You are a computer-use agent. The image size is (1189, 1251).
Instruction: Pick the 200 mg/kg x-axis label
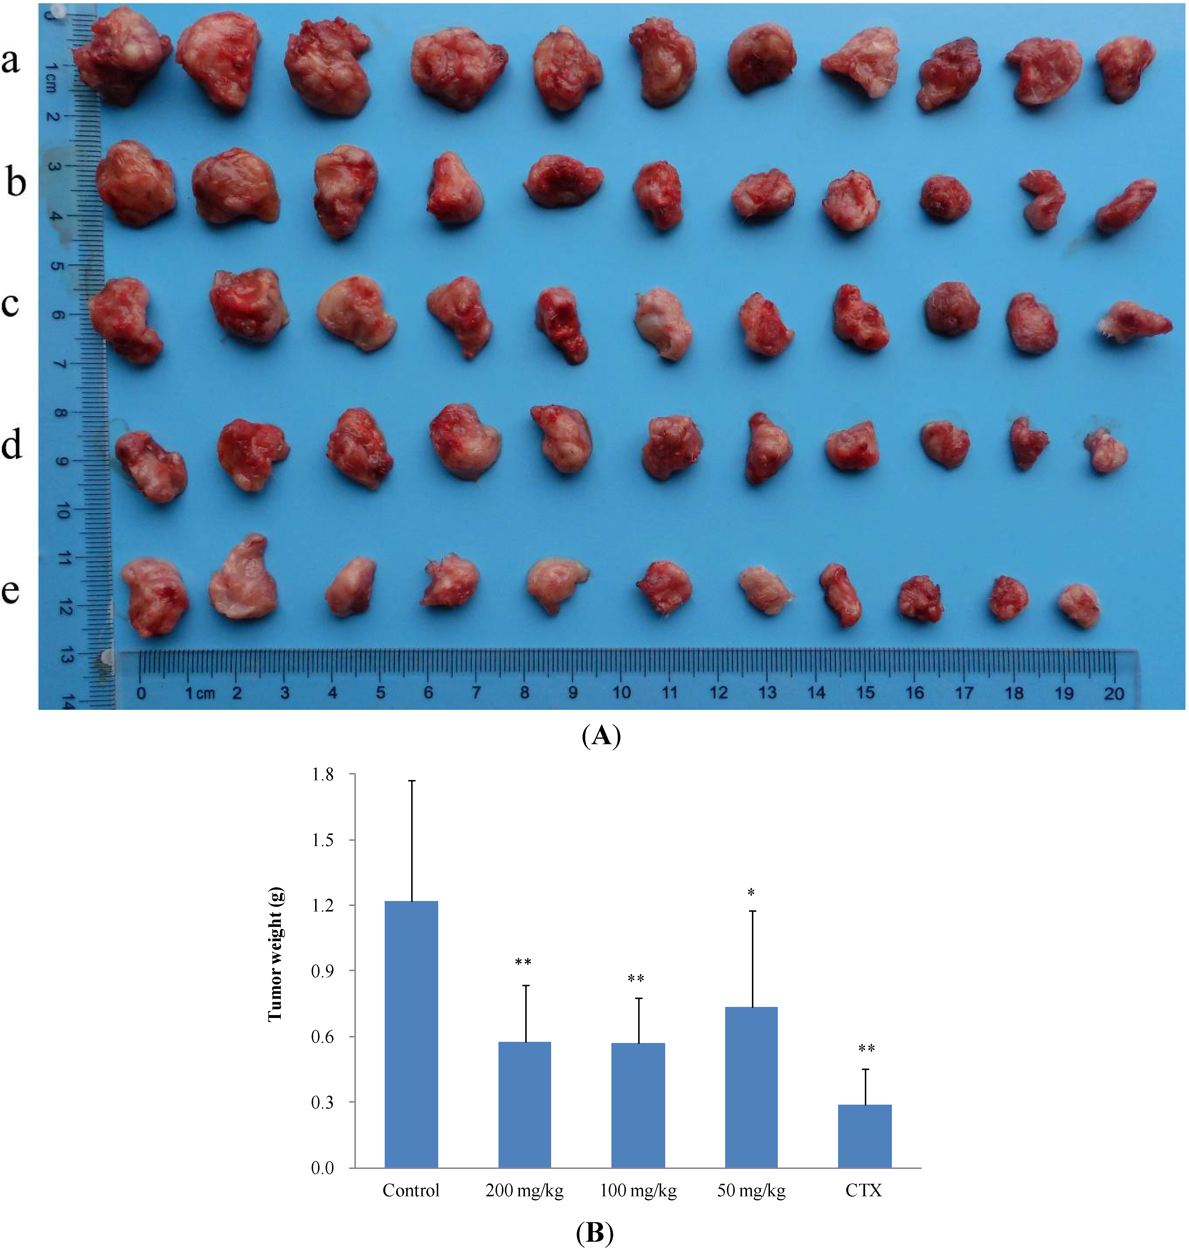524,1190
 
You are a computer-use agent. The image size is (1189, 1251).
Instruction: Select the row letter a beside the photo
11,61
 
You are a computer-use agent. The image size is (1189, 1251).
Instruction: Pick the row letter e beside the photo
11,591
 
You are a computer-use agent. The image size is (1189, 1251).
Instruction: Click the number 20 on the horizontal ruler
1114,693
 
